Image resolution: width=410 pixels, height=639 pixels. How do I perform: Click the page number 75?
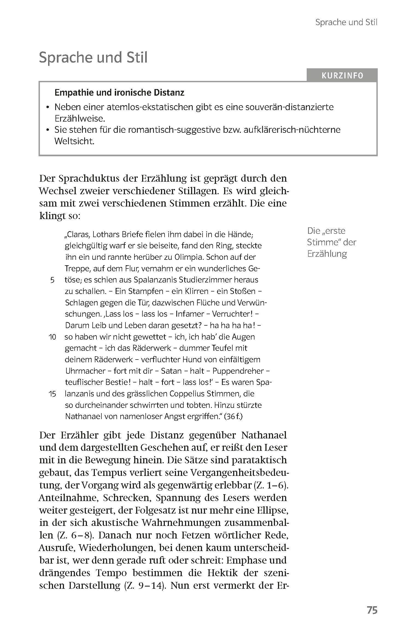[x=372, y=610]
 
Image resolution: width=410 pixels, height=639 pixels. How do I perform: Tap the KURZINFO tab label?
[x=342, y=76]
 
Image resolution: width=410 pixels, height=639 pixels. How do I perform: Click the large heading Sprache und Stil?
[x=93, y=57]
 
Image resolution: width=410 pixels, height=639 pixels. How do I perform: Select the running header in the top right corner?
[x=346, y=22]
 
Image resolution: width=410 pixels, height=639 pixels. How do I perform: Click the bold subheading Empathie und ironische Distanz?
[x=119, y=93]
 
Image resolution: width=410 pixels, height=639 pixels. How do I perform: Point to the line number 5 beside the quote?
[x=52, y=280]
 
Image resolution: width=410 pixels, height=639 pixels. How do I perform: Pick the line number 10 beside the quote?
[x=52, y=337]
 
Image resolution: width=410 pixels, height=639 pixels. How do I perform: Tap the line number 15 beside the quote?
[x=52, y=394]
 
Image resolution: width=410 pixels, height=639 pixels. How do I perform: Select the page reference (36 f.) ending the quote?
[x=233, y=416]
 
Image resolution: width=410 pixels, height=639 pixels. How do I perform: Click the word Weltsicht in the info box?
[x=74, y=141]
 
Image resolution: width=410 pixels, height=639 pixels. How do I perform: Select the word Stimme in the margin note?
[x=320, y=242]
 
